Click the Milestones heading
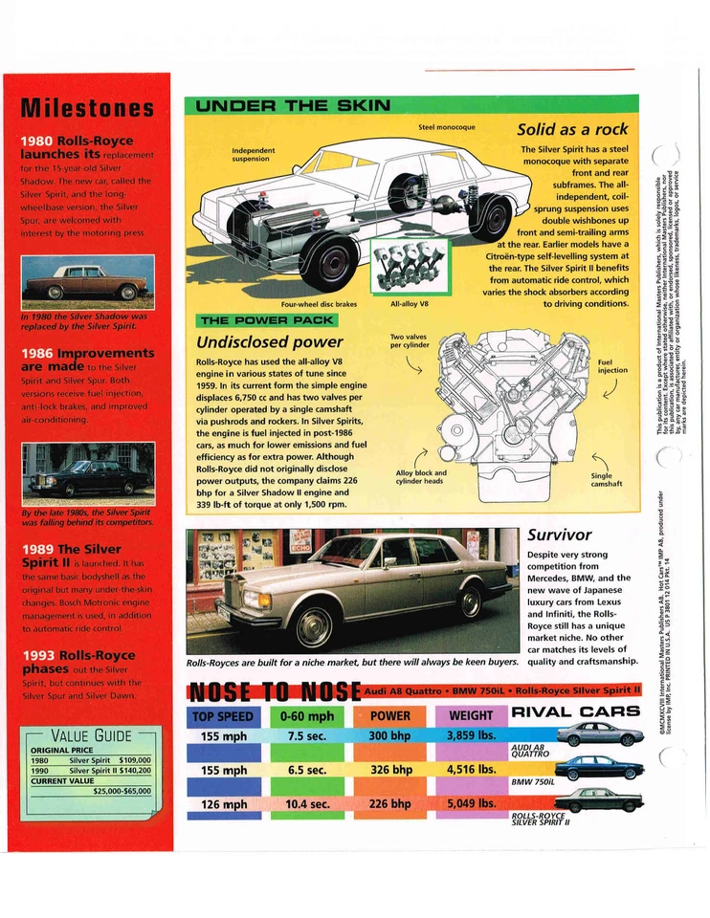coord(87,106)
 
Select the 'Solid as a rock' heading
coord(572,129)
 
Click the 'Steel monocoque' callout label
coord(447,127)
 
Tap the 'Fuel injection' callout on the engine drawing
coord(612,367)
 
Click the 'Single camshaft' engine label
coord(607,479)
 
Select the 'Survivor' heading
coord(560,535)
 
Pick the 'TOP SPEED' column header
coord(223,715)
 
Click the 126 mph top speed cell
coord(223,804)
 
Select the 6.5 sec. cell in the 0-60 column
coord(307,770)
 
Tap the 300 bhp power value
coord(390,736)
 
